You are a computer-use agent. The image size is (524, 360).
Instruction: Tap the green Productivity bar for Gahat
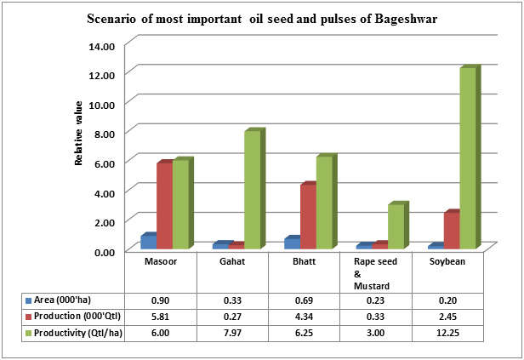[x=252, y=190]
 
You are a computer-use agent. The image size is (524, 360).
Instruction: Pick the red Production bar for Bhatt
[x=306, y=217]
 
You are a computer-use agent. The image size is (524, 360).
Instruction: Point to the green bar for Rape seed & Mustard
[x=396, y=226]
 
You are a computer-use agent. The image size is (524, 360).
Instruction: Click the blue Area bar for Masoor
[x=147, y=242]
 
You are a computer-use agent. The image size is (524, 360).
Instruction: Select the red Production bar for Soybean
[x=450, y=231]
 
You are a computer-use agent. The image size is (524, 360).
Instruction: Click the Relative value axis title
[x=78, y=133]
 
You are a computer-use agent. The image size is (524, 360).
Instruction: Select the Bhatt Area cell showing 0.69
[x=304, y=300]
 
